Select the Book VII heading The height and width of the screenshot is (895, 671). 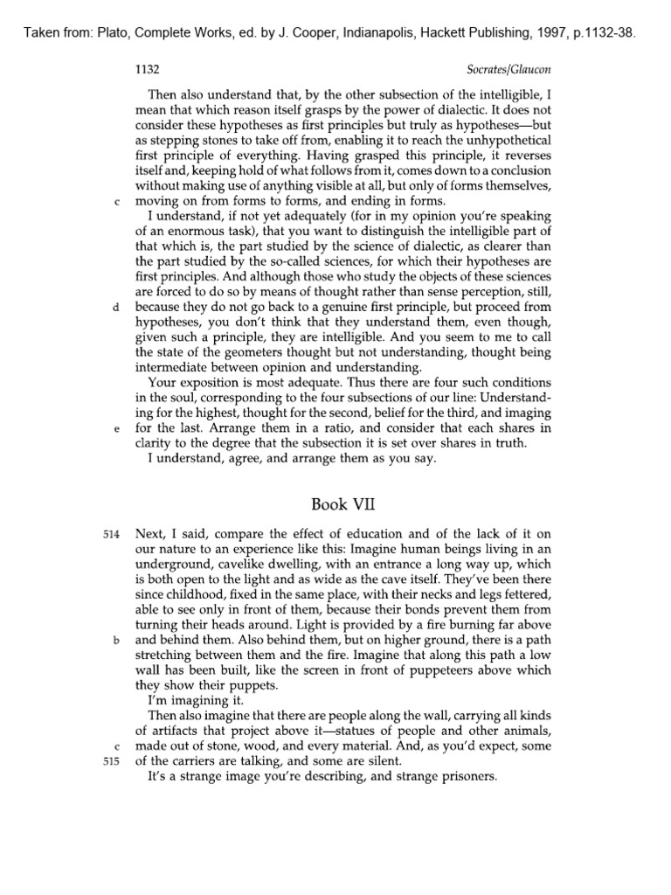pyautogui.click(x=335, y=503)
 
